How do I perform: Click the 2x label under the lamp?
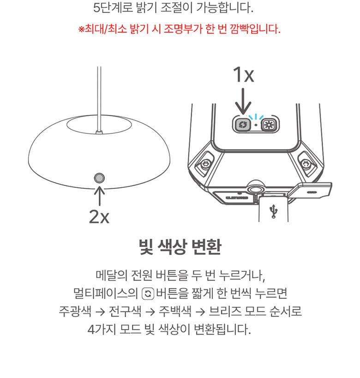(x=99, y=216)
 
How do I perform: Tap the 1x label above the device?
(x=244, y=74)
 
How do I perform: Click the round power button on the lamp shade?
(x=99, y=178)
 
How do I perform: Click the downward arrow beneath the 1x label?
(x=243, y=101)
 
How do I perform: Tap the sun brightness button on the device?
(x=267, y=125)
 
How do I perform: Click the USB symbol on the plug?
(x=274, y=211)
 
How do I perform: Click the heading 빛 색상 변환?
(x=180, y=247)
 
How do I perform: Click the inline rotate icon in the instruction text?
(x=148, y=294)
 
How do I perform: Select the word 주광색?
(x=75, y=311)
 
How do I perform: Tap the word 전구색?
(x=125, y=311)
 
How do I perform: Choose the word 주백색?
(x=175, y=311)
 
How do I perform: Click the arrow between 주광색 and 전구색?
(x=100, y=312)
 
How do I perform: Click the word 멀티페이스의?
(x=105, y=294)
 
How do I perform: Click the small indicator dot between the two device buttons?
(x=256, y=125)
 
